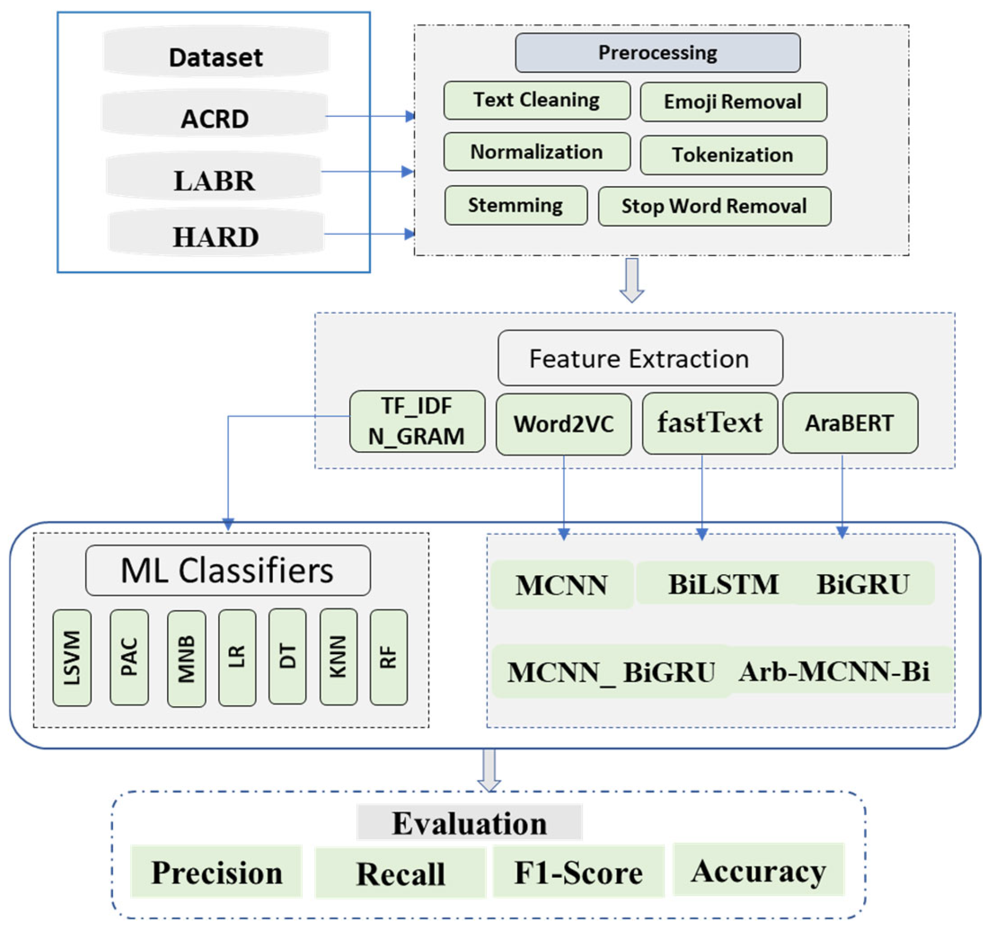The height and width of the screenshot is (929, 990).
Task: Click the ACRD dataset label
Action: pyautogui.click(x=215, y=118)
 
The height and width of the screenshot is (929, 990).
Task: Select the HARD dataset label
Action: pyautogui.click(x=216, y=236)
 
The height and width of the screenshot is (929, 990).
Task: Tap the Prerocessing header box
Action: pyautogui.click(x=657, y=53)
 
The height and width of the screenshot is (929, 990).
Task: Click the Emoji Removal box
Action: pyautogui.click(x=733, y=102)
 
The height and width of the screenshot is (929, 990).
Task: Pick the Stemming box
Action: pyautogui.click(x=515, y=205)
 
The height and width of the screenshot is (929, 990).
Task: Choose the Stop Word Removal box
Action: pyautogui.click(x=714, y=206)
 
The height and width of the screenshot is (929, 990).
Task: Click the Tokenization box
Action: pyautogui.click(x=733, y=155)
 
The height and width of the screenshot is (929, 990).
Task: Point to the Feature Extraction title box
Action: pyautogui.click(x=639, y=358)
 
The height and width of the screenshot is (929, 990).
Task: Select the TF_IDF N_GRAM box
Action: pyautogui.click(x=417, y=421)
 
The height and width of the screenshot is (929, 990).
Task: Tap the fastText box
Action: pyautogui.click(x=709, y=423)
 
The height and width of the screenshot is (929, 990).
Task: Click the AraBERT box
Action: pyautogui.click(x=850, y=423)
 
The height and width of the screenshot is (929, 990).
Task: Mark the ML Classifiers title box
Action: pyautogui.click(x=228, y=570)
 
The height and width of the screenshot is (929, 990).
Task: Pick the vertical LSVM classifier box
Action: pyautogui.click(x=72, y=657)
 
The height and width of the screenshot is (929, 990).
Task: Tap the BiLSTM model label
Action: pyautogui.click(x=723, y=584)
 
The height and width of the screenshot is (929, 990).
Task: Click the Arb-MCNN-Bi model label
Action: pyautogui.click(x=834, y=671)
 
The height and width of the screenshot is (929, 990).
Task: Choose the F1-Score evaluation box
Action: pyautogui.click(x=578, y=872)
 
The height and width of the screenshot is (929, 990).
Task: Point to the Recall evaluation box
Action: pyautogui.click(x=400, y=873)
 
